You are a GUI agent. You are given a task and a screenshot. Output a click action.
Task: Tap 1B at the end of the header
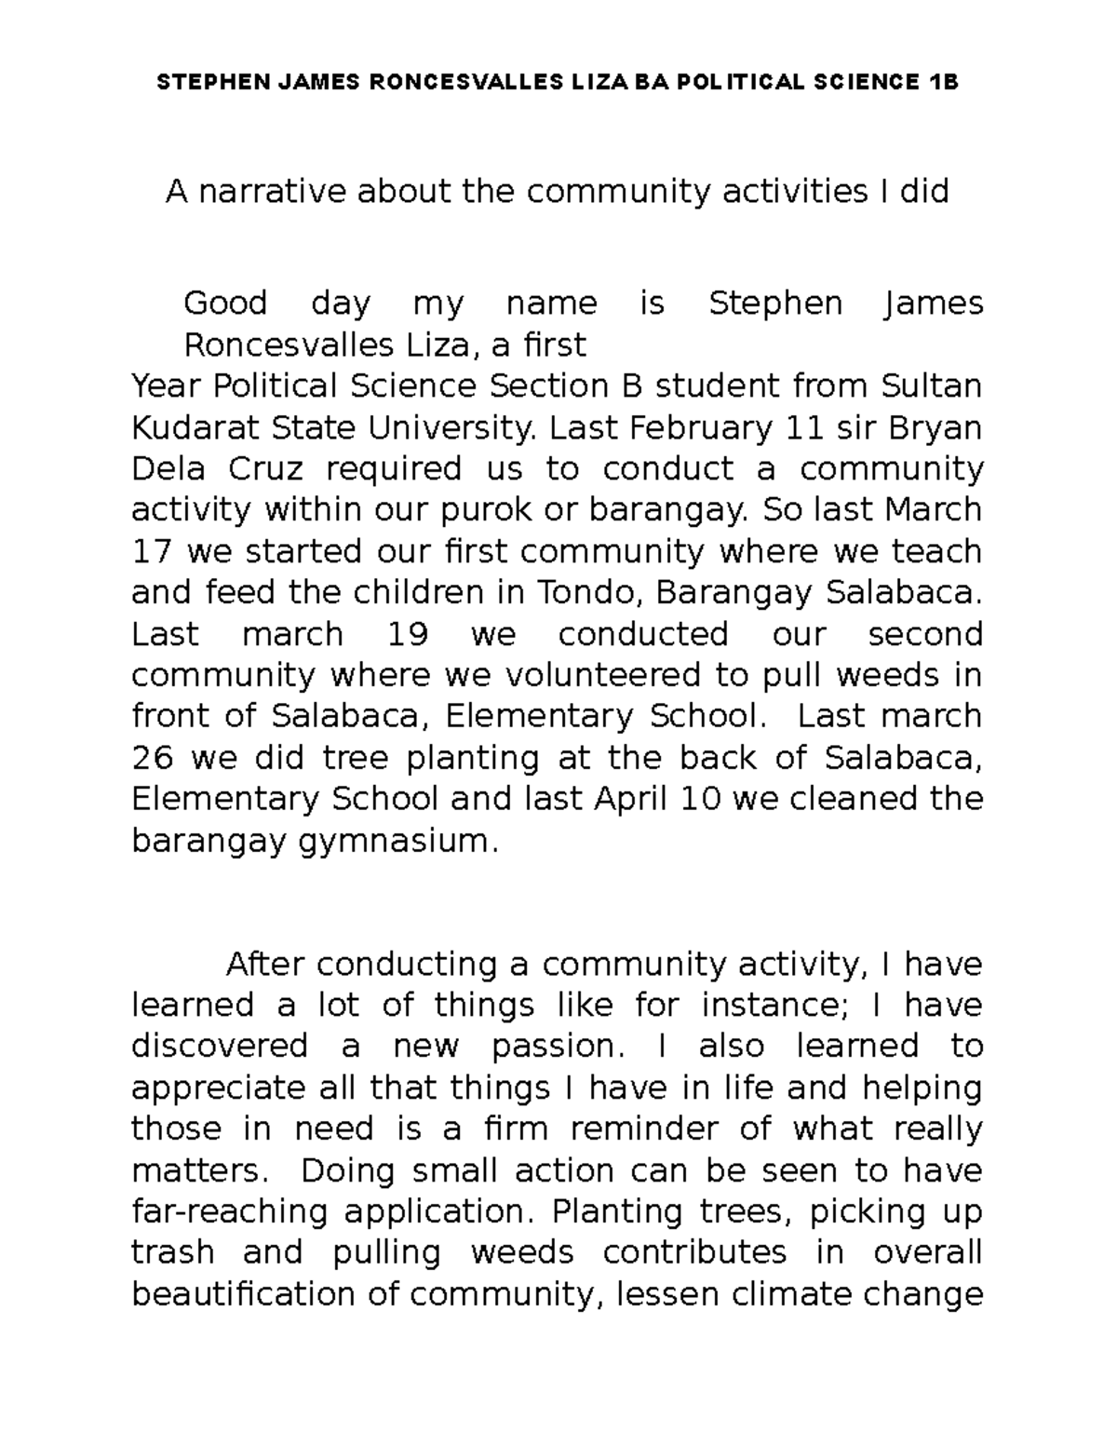pyautogui.click(x=942, y=83)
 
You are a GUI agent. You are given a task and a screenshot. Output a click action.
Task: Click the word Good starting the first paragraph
pyautogui.click(x=225, y=304)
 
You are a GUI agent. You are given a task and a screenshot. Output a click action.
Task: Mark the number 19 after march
pyautogui.click(x=405, y=635)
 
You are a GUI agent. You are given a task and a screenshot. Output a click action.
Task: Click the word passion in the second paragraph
pyautogui.click(x=554, y=1047)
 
